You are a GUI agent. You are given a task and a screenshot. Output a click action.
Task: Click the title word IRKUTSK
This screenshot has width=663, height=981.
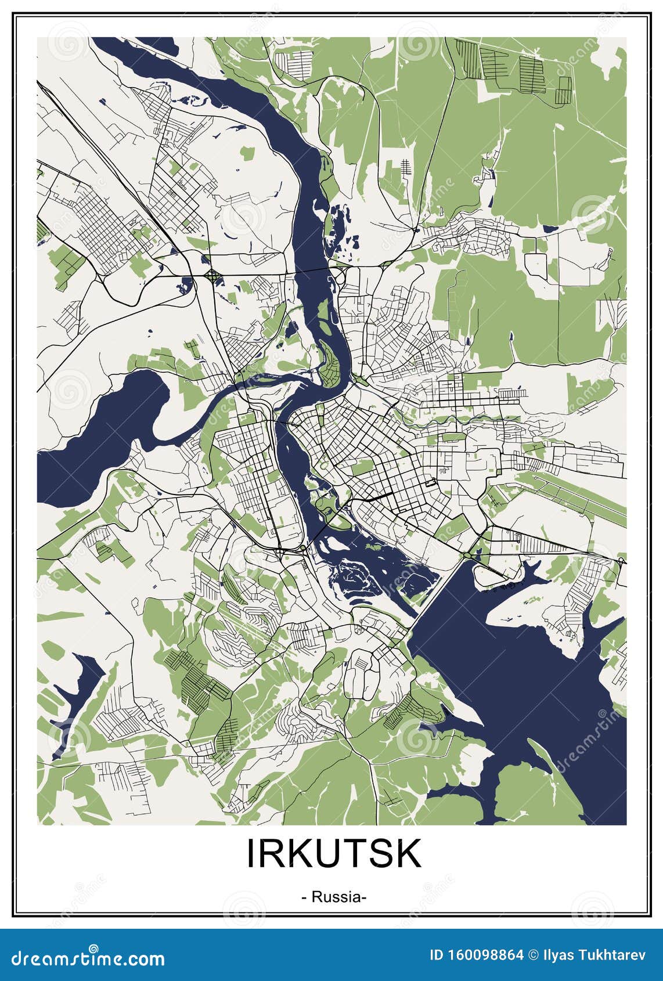coord(334,853)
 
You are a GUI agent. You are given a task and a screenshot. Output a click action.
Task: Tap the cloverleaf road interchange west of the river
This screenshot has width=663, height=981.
coord(212,275)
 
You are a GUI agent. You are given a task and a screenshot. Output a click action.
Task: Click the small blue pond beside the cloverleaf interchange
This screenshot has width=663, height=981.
coord(186,285)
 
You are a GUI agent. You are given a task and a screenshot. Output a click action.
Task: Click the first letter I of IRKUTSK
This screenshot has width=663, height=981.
coord(251,853)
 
